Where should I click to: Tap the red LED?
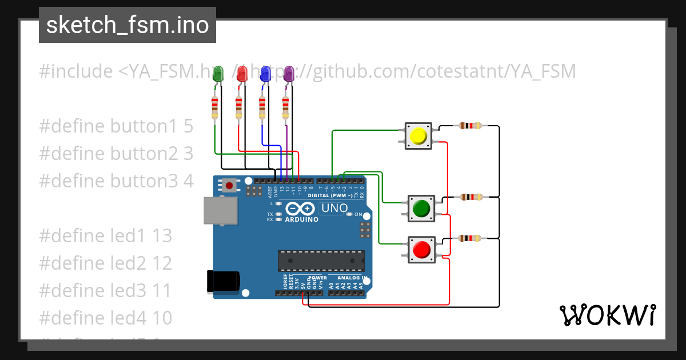click(x=242, y=73)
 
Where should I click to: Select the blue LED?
click(x=265, y=73)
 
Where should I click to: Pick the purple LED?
click(x=289, y=73)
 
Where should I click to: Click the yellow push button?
click(x=418, y=136)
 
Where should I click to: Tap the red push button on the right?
click(x=421, y=250)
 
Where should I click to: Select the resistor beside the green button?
click(x=470, y=197)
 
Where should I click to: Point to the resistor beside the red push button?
click(x=470, y=238)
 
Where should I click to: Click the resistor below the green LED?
click(x=214, y=108)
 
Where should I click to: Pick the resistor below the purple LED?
click(x=286, y=108)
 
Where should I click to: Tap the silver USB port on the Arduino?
click(x=221, y=210)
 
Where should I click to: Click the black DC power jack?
click(x=223, y=281)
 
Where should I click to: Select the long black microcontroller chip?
click(x=321, y=261)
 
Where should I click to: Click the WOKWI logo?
click(x=607, y=315)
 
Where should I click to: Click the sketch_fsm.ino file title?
click(x=127, y=25)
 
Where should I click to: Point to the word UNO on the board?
click(x=334, y=209)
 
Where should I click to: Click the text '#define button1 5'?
click(x=117, y=126)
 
